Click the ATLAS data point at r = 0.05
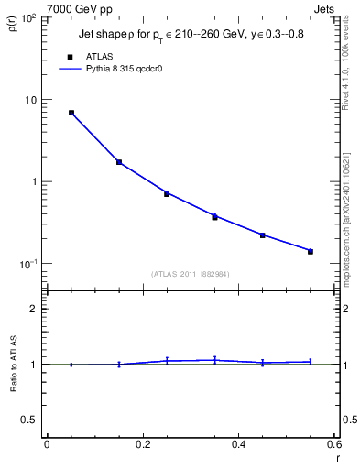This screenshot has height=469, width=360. click(71, 113)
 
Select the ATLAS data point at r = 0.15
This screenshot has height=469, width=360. click(119, 162)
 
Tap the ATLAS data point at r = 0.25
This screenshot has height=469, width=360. click(167, 193)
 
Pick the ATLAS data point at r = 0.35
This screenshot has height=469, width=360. click(214, 217)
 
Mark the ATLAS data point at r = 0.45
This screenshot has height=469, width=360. click(262, 235)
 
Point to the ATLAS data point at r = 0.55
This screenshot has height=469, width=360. click(311, 251)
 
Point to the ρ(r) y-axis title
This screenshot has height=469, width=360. click(16, 25)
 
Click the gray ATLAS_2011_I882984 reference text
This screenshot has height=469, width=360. click(191, 274)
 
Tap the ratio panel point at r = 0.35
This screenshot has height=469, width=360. click(214, 360)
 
